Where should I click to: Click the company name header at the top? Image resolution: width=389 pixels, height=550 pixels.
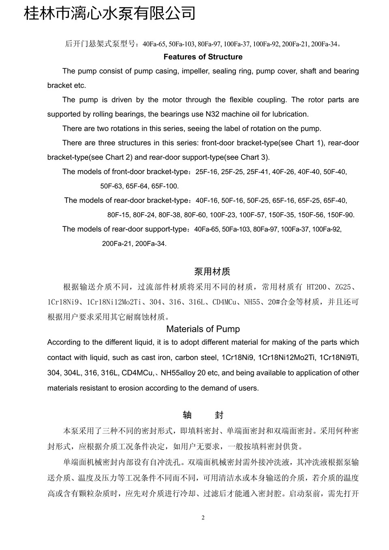[x=110, y=13]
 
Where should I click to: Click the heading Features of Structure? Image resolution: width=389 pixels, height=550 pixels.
[x=203, y=57]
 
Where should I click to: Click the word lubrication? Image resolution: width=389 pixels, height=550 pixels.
[x=288, y=114]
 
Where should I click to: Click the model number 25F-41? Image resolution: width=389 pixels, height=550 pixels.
[x=258, y=172]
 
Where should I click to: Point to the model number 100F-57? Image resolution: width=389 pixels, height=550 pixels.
[x=252, y=215]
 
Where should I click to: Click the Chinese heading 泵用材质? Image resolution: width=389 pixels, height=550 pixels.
[x=212, y=272]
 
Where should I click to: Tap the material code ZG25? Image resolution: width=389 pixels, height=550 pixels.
[x=343, y=287]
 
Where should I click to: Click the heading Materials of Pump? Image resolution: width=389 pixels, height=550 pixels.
[x=203, y=329]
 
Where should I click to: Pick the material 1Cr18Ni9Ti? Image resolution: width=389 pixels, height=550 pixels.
[x=339, y=358]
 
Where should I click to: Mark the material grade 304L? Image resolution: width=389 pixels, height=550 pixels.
[x=73, y=373]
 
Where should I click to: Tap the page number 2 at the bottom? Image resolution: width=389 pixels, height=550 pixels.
[x=203, y=518]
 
